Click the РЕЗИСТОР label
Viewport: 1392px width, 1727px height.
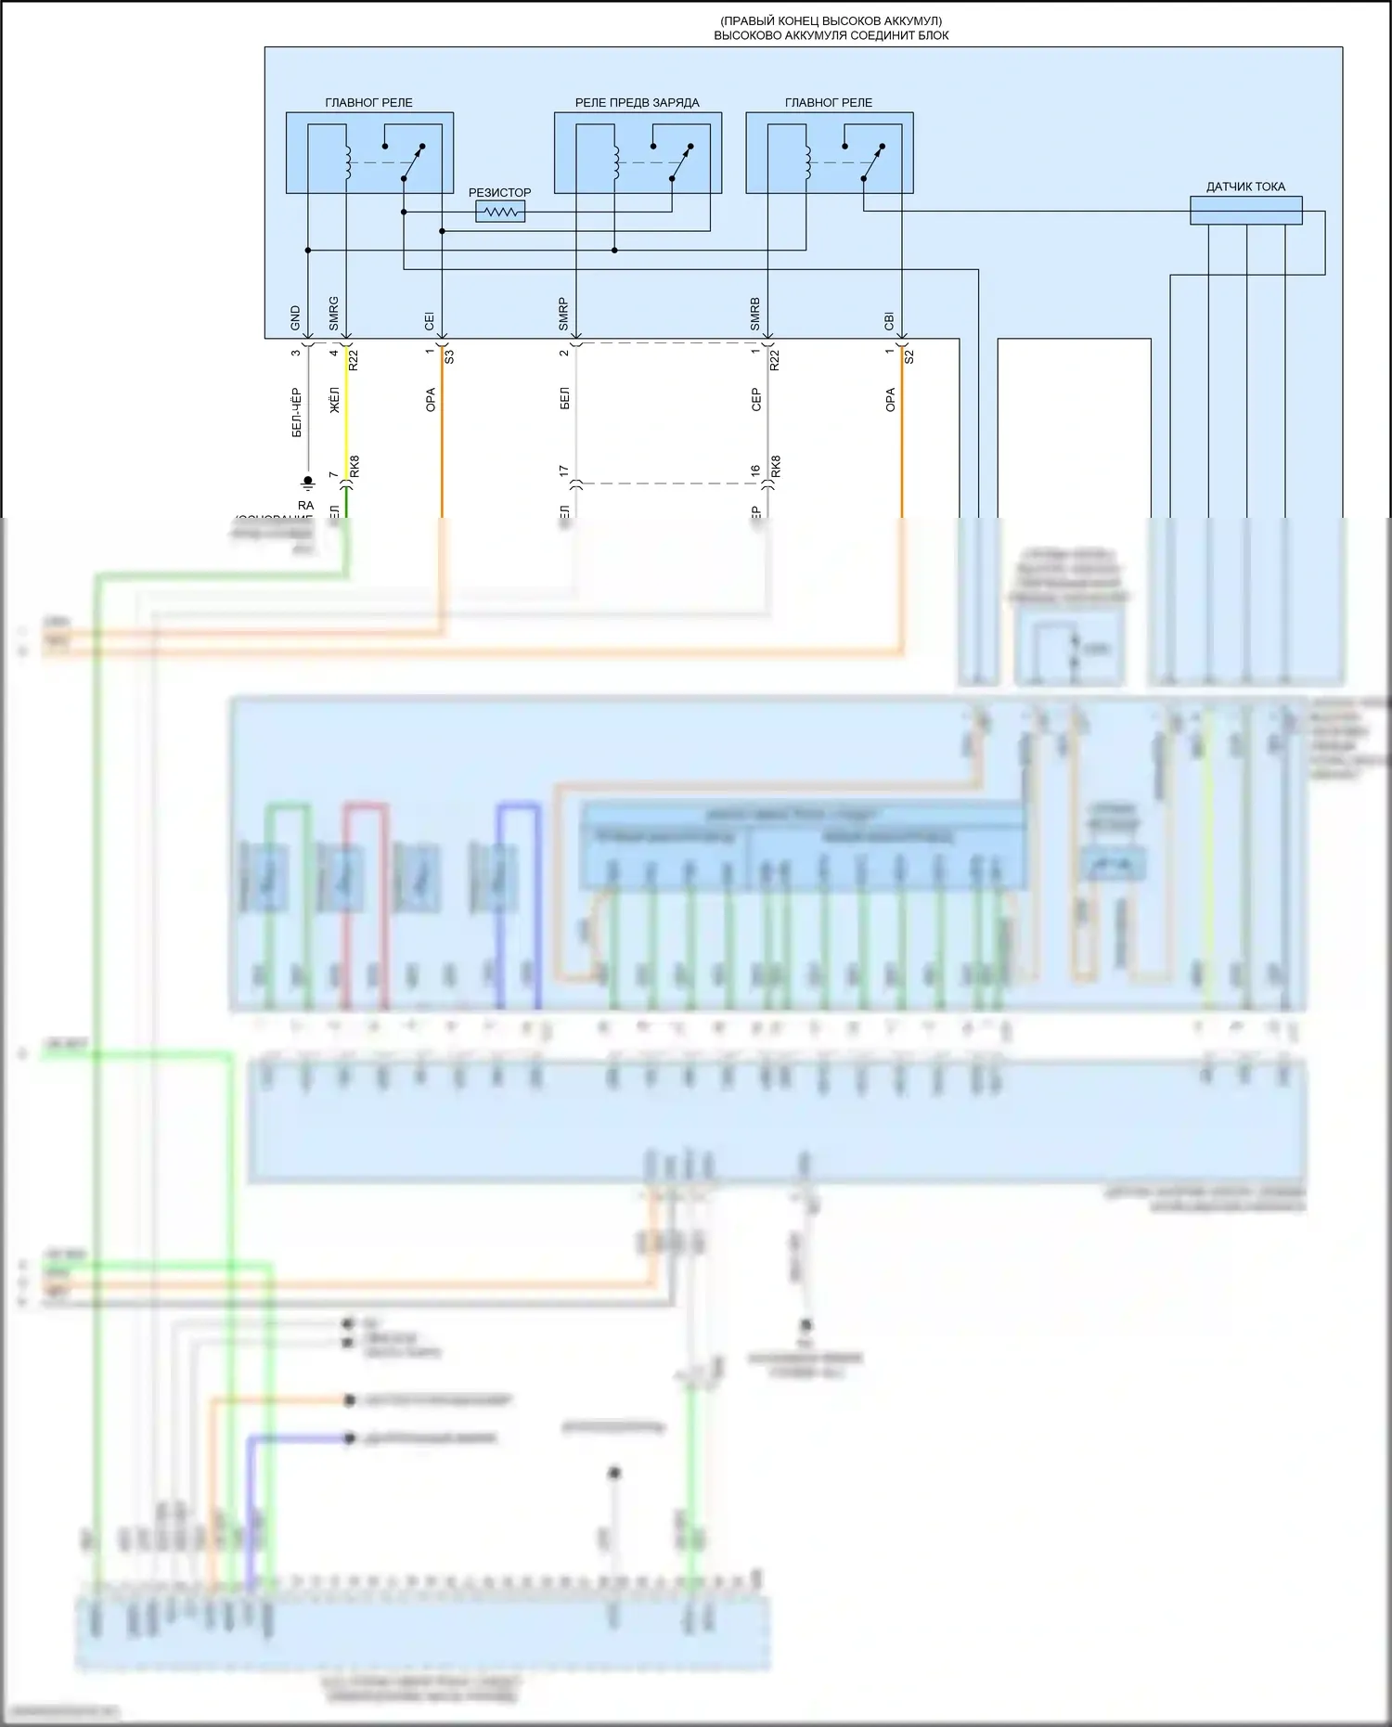click(499, 193)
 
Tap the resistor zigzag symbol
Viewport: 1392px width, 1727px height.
click(500, 213)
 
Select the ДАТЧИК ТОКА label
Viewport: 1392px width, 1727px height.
click(1245, 187)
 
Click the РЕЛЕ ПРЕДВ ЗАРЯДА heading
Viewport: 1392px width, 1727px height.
click(637, 103)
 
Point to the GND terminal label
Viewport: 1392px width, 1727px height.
click(296, 318)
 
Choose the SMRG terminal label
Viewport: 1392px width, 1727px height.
click(334, 314)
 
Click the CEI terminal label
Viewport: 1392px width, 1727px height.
click(430, 321)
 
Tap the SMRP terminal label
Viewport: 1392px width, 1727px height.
click(563, 315)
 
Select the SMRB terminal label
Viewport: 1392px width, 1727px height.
click(755, 315)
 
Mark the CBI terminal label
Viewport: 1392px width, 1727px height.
click(890, 321)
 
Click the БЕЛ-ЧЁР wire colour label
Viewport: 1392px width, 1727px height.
click(297, 412)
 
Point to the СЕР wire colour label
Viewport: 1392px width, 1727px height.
click(756, 400)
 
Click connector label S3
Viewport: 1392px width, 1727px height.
click(450, 355)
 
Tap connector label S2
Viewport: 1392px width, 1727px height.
click(909, 355)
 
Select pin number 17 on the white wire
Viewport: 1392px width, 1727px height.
click(563, 472)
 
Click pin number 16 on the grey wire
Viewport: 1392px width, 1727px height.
click(755, 472)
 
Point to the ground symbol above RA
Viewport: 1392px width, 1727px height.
click(308, 483)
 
